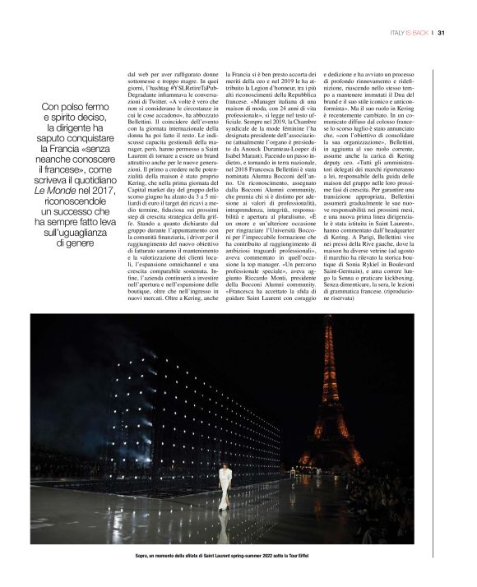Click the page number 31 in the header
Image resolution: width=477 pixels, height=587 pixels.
(x=441, y=34)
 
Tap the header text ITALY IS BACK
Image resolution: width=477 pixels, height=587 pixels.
(x=412, y=34)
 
